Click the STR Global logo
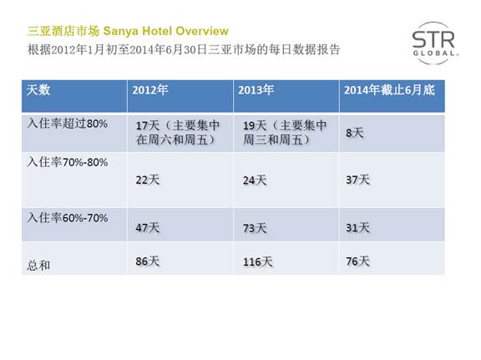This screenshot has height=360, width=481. click(x=434, y=43)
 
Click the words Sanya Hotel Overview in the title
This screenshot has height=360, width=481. click(x=166, y=31)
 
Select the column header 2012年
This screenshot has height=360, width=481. click(x=150, y=89)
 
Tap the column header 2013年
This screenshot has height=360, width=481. click(x=256, y=89)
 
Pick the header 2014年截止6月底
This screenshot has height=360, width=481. click(x=389, y=90)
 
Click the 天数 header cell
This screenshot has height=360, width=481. click(x=38, y=90)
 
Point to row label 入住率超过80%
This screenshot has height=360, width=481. click(x=67, y=124)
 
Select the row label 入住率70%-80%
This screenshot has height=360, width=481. click(x=68, y=162)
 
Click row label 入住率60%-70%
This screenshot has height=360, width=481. click(x=68, y=218)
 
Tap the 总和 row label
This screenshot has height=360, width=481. click(x=38, y=266)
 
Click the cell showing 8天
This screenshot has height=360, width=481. click(x=355, y=133)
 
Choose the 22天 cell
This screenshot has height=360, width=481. click(x=148, y=180)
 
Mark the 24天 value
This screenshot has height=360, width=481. click(x=255, y=180)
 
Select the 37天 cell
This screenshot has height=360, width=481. click(x=357, y=180)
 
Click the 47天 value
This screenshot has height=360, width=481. click(x=148, y=228)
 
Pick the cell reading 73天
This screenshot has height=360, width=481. click(x=255, y=228)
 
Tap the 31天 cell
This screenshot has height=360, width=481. click(x=357, y=228)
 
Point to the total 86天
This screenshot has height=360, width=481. click(x=148, y=261)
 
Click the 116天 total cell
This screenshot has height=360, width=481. click(x=258, y=261)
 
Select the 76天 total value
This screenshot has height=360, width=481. click(x=357, y=261)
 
